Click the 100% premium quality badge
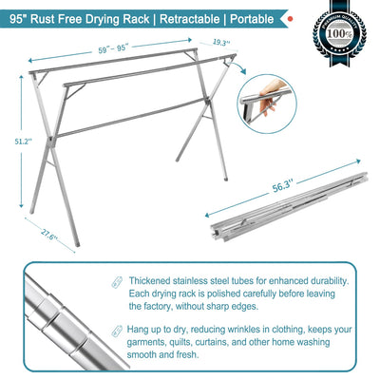point(345,41)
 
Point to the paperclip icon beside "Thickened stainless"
point(116,282)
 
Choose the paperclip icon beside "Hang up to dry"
point(116,329)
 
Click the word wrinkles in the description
point(273,329)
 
